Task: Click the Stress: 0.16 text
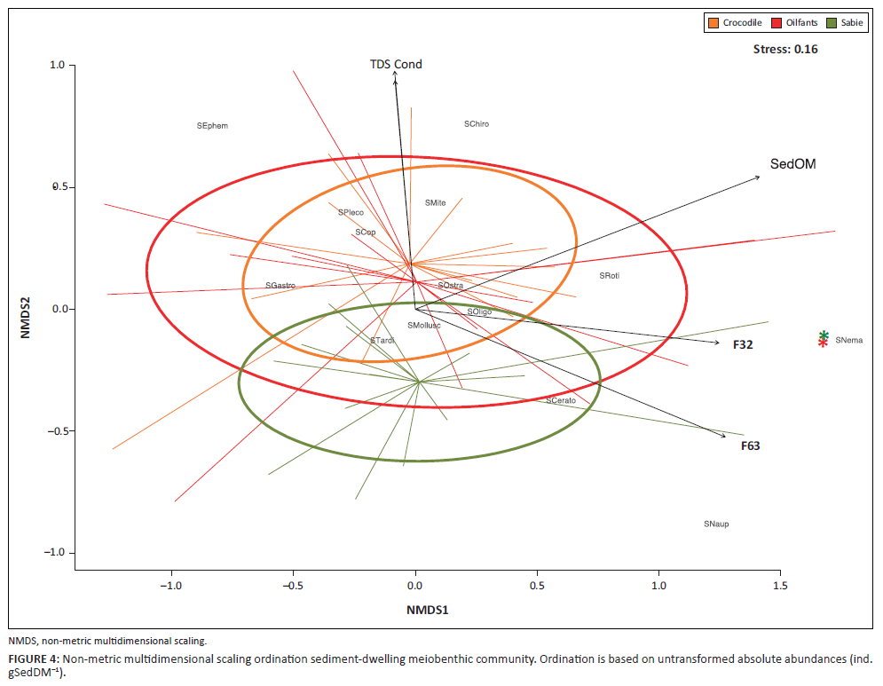(x=784, y=50)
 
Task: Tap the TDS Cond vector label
(x=396, y=65)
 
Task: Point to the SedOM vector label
(x=792, y=164)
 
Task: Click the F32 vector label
(x=743, y=344)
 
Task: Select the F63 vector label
(x=750, y=446)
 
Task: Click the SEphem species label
(x=212, y=126)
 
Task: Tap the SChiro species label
(x=477, y=124)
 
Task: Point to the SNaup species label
(x=716, y=524)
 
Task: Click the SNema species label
(x=848, y=340)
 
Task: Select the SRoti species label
(x=609, y=276)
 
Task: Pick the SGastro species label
(x=280, y=286)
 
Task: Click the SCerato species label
(x=561, y=401)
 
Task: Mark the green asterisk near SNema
(x=824, y=335)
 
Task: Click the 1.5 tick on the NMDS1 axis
(x=780, y=587)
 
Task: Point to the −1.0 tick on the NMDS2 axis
(x=56, y=553)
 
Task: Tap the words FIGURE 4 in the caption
(x=33, y=658)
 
